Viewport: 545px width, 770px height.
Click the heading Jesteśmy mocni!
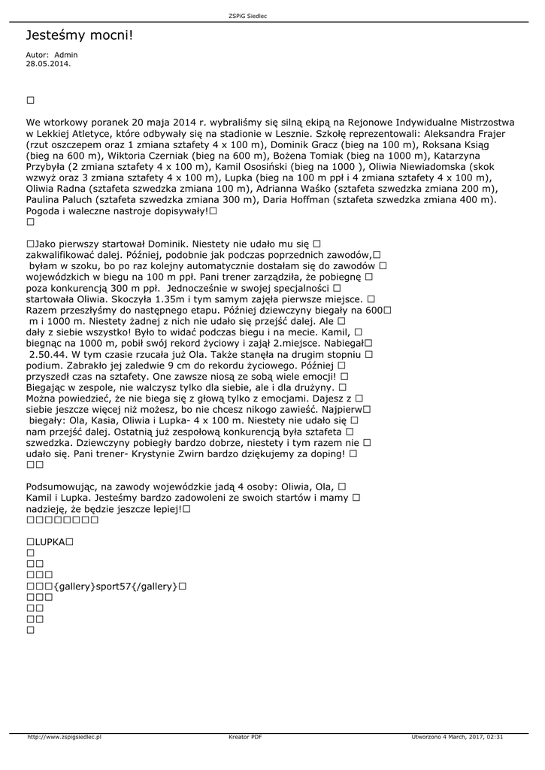point(79,35)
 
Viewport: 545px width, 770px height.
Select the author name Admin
point(65,55)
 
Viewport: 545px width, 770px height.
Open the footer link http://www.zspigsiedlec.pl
point(64,737)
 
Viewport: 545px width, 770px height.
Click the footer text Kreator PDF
point(245,737)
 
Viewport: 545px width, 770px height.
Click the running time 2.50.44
point(50,353)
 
